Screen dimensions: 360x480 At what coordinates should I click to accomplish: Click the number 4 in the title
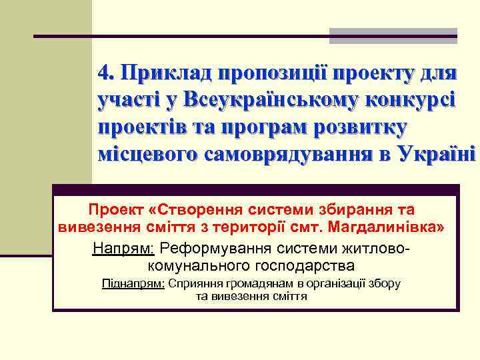[103, 72]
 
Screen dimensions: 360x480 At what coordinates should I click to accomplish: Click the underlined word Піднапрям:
[133, 283]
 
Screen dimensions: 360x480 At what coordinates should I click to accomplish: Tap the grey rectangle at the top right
[393, 36]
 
